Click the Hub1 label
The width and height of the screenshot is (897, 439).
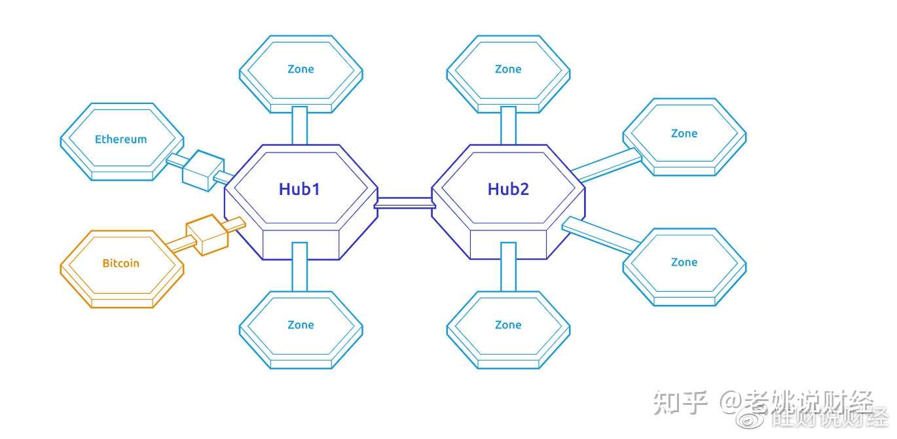pyautogui.click(x=299, y=189)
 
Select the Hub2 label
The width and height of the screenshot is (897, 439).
pyautogui.click(x=508, y=189)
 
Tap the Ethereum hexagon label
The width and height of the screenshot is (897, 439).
pyautogui.click(x=120, y=139)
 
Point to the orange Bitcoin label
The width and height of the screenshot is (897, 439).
pyautogui.click(x=120, y=263)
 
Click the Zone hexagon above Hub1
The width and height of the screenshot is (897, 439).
pyautogui.click(x=301, y=69)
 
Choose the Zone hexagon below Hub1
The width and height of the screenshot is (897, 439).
pyautogui.click(x=301, y=325)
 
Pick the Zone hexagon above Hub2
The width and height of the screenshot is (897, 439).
pyautogui.click(x=508, y=69)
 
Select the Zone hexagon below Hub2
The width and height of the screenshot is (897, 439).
pyautogui.click(x=508, y=325)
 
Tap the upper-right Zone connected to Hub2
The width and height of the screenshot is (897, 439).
pyautogui.click(x=684, y=133)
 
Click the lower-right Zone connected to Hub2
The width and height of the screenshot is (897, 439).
pyautogui.click(x=684, y=262)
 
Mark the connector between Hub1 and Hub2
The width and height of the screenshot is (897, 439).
pyautogui.click(x=404, y=203)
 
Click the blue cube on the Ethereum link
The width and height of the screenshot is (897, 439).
pyautogui.click(x=202, y=170)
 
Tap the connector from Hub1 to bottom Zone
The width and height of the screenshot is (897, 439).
pyautogui.click(x=300, y=267)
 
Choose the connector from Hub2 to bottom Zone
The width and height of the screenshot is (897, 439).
pyautogui.click(x=508, y=267)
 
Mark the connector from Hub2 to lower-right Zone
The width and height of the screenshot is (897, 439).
pyautogui.click(x=599, y=235)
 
